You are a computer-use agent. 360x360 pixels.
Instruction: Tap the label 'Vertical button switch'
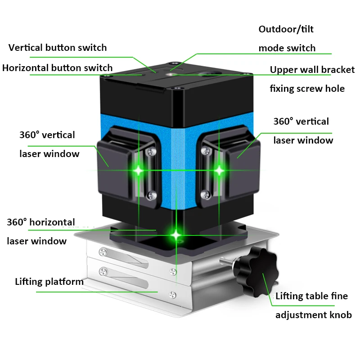click(x=58, y=48)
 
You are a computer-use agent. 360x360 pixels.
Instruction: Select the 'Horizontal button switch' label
click(x=58, y=68)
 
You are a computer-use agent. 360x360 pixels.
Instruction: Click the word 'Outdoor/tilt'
click(x=286, y=29)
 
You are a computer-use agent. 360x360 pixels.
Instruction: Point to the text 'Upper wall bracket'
click(x=312, y=70)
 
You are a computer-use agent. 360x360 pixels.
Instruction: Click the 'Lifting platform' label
click(x=49, y=282)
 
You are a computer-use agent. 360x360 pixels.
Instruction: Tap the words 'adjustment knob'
click(x=314, y=315)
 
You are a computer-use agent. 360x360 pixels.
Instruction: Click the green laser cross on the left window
click(x=139, y=171)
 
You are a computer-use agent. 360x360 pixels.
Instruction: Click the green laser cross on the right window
click(x=219, y=171)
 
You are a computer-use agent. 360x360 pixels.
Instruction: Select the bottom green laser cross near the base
click(x=176, y=234)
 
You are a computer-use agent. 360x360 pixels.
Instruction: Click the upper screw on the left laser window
click(x=152, y=151)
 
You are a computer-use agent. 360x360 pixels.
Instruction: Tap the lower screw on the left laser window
click(x=152, y=195)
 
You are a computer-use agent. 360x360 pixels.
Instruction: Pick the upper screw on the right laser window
click(x=206, y=151)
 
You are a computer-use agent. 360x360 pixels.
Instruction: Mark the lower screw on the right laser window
click(x=205, y=195)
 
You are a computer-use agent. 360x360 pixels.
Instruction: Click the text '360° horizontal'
click(x=41, y=222)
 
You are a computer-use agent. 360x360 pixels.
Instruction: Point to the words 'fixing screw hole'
click(x=307, y=89)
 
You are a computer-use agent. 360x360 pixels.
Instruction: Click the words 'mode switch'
click(x=287, y=48)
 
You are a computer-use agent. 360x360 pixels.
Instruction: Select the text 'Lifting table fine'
click(x=311, y=296)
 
